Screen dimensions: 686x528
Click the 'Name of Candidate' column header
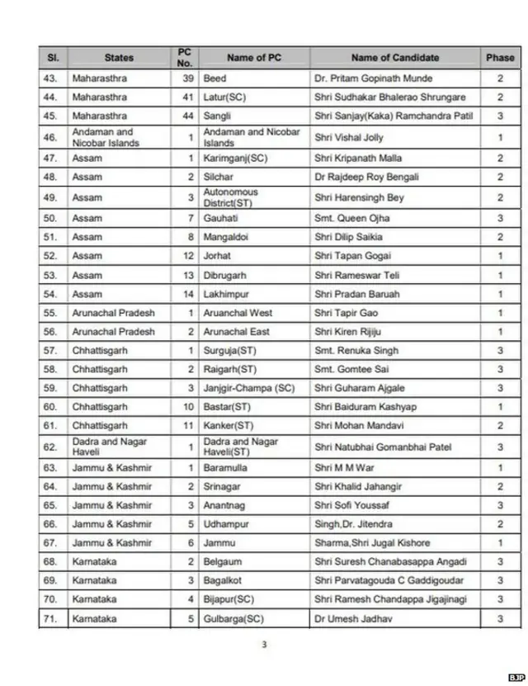tap(394, 58)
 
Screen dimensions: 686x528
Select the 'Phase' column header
tap(499, 58)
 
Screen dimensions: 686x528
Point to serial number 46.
tap(51, 137)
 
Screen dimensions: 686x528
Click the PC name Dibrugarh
tap(225, 275)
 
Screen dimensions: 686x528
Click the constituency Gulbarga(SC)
tap(233, 617)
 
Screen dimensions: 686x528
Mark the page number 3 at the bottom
tap(264, 646)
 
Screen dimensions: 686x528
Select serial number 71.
tap(51, 617)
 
